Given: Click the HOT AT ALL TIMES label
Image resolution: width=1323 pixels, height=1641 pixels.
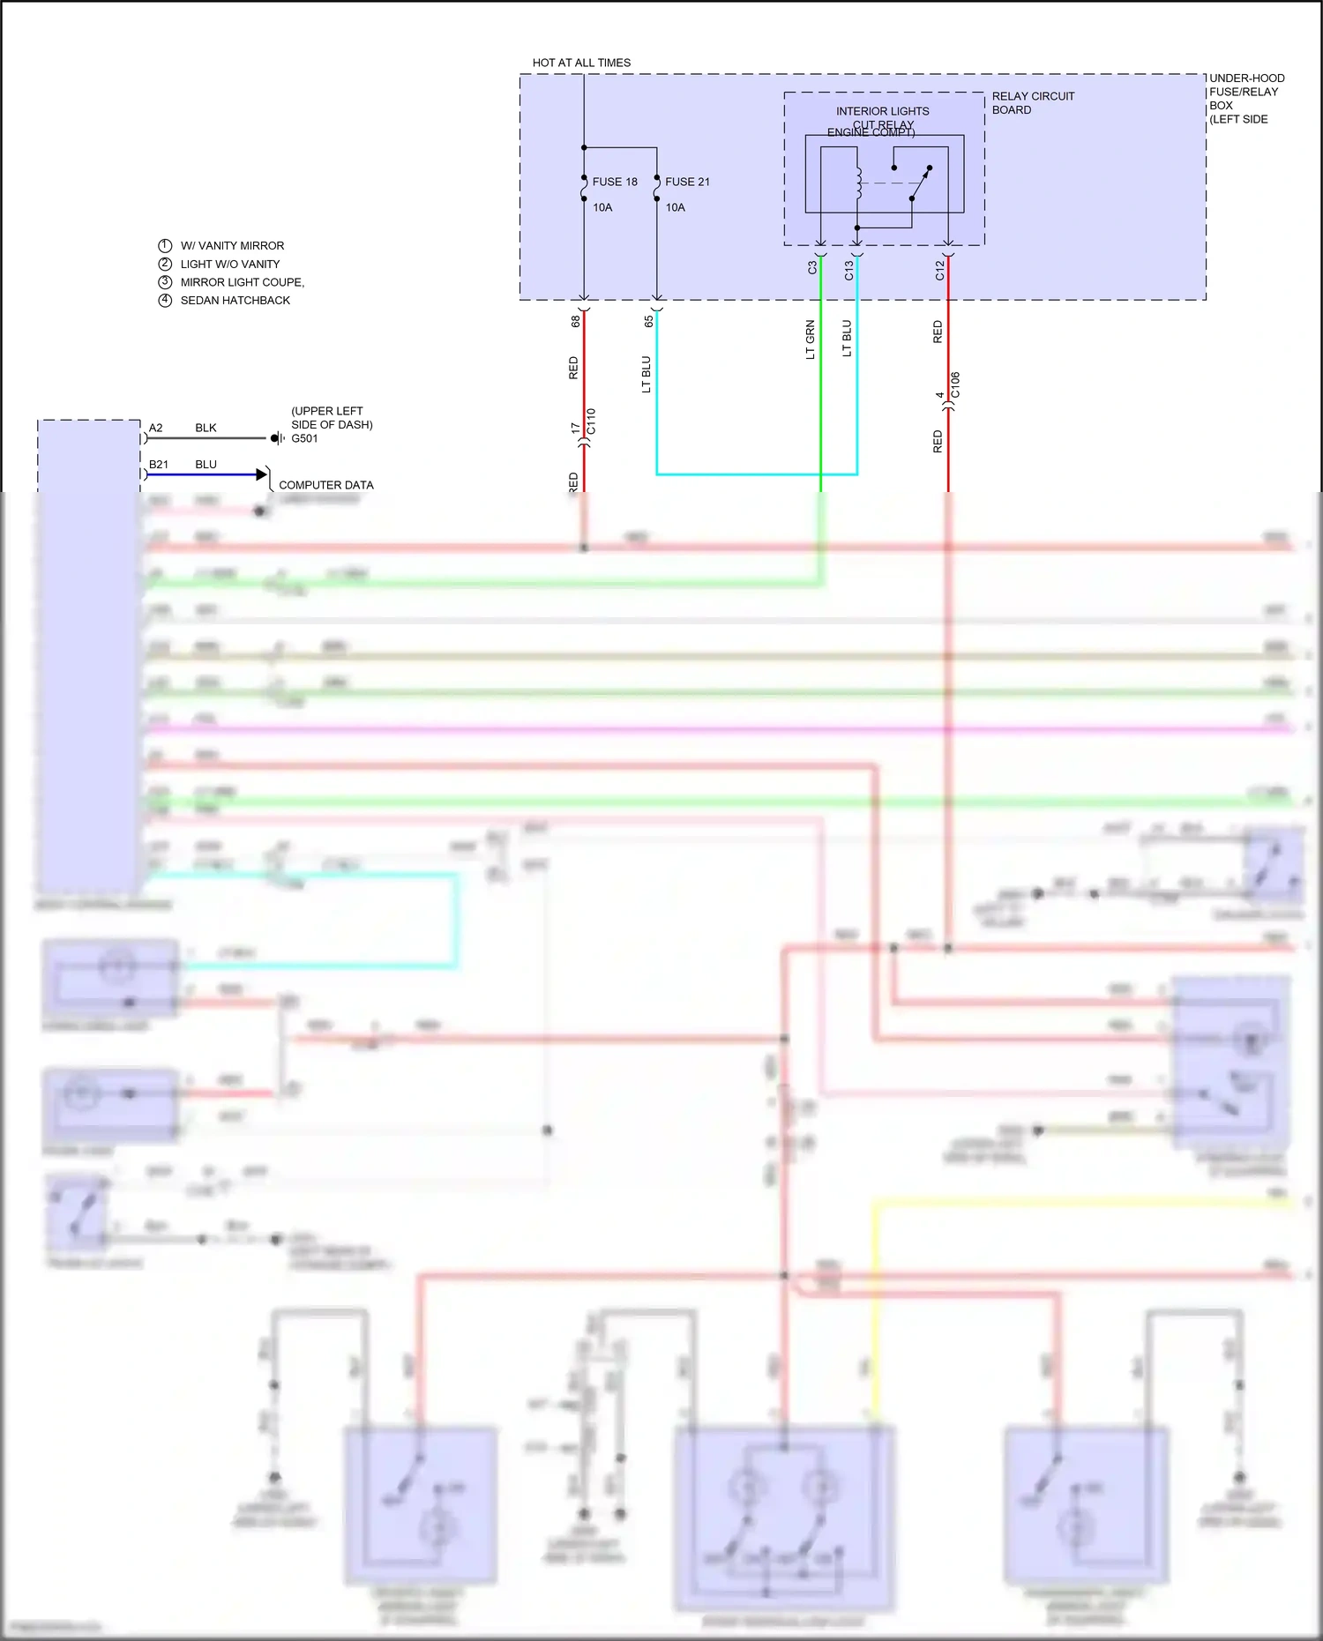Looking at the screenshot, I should [581, 63].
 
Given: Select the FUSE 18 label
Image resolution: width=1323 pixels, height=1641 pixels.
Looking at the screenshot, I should [614, 182].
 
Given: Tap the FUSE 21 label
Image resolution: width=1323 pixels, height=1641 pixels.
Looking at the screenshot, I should [687, 182].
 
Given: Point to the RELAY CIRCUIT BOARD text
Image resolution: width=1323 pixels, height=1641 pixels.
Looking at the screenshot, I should [1032, 102].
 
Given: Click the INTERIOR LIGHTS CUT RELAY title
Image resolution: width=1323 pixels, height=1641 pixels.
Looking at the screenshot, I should [882, 117].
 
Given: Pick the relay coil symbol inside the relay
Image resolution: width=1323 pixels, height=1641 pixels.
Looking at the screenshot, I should [858, 183].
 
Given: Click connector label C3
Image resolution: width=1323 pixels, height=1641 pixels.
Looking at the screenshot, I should [812, 267].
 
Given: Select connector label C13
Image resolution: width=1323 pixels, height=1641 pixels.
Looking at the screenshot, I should [848, 270].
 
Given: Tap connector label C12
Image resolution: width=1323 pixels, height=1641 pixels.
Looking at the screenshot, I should [939, 270].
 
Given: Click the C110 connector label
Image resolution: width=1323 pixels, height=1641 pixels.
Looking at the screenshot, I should [591, 421].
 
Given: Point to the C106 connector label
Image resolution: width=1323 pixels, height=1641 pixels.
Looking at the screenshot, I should [955, 385].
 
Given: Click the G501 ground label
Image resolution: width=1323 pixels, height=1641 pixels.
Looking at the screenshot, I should [304, 438].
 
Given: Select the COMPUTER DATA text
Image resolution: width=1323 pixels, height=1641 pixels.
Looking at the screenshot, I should [325, 485].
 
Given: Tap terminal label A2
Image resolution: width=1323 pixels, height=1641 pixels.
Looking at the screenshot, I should [155, 428].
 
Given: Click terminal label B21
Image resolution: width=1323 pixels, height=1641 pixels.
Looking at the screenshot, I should [158, 464].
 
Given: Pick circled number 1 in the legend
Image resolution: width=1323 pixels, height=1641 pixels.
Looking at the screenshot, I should [165, 245].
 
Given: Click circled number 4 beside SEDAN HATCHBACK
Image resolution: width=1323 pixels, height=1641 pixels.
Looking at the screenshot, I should [165, 300].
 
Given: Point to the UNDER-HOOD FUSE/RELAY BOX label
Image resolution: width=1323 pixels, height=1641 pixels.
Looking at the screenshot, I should [1245, 98].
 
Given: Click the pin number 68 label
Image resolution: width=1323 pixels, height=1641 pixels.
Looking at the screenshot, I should [575, 321].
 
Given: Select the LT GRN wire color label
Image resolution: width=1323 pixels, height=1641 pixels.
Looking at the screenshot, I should [810, 339].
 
